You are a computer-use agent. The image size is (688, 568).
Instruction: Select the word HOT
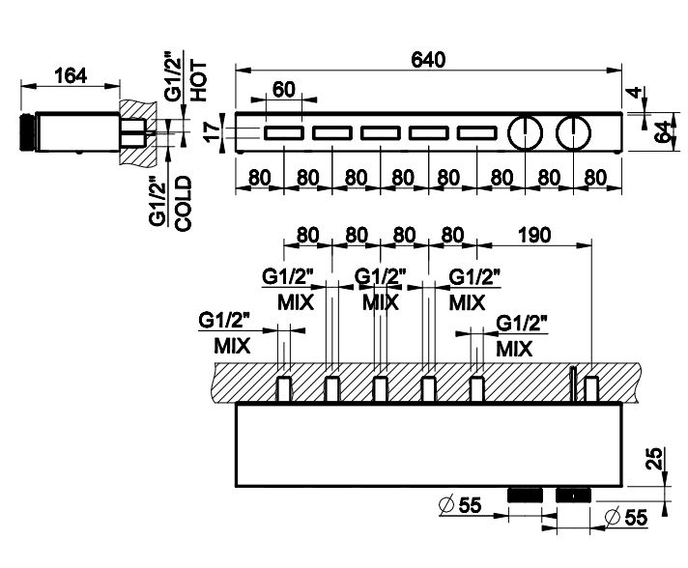coord(199,81)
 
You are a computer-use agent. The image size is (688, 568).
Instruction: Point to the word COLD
coord(184,201)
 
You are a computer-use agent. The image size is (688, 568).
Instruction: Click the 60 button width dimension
coord(283,88)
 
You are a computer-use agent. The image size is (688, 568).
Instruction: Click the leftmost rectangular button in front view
coord(283,132)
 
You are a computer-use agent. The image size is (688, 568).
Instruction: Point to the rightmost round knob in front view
coord(574,131)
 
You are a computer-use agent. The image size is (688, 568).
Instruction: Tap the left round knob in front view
coord(525,131)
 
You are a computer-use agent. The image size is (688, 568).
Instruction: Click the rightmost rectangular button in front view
coord(476,132)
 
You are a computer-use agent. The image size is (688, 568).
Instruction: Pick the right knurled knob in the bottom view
coord(573,494)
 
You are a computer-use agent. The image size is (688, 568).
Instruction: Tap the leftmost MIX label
coord(232,344)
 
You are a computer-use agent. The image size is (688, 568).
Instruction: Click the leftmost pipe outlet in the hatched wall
coord(284,388)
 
